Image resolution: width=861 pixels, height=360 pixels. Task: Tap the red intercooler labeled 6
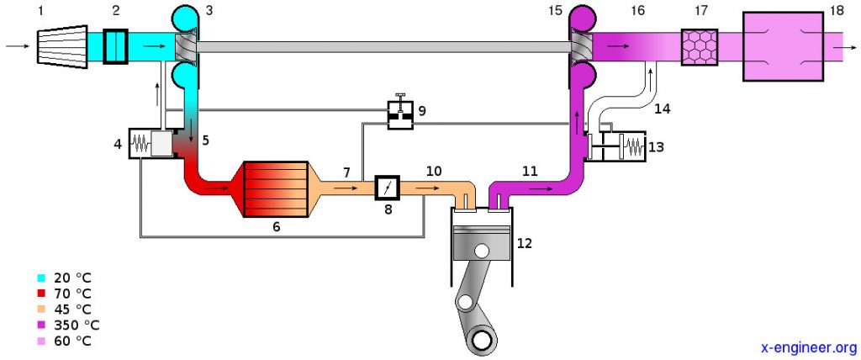click(x=273, y=189)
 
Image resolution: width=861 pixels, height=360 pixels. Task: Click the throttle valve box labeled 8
click(x=387, y=187)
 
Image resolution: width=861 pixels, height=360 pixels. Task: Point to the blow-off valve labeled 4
click(x=150, y=144)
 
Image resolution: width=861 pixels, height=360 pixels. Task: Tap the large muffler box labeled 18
click(x=782, y=46)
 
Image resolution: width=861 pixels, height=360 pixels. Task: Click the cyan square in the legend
click(x=41, y=278)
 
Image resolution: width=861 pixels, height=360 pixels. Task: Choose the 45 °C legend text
click(x=71, y=310)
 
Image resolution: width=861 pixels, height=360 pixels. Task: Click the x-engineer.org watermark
click(x=807, y=347)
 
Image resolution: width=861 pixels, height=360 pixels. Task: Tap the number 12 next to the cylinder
click(x=525, y=244)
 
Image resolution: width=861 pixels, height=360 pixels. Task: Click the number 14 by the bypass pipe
click(x=663, y=109)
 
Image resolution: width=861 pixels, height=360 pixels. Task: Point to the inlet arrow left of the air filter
click(x=14, y=46)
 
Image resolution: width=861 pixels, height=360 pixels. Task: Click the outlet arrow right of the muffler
click(x=841, y=47)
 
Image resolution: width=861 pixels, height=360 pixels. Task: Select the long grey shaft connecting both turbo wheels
click(x=383, y=47)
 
